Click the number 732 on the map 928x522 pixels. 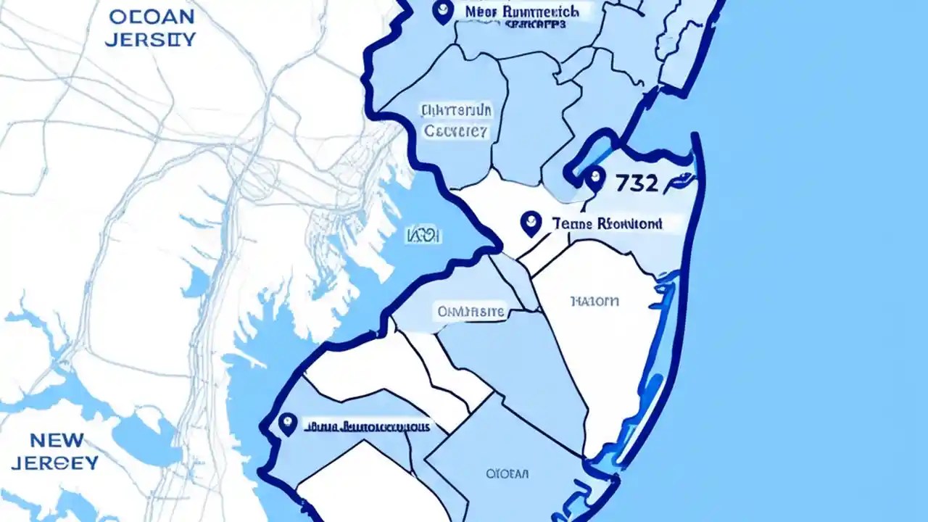point(637,183)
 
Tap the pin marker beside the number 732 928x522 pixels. point(594,177)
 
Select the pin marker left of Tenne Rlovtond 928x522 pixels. point(531,223)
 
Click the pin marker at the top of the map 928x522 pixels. point(442,11)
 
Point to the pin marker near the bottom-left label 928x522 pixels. point(288,423)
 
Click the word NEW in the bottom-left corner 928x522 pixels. point(57,440)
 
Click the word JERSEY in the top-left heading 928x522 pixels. point(149,38)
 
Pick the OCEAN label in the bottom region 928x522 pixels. point(507,474)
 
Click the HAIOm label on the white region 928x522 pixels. point(594,301)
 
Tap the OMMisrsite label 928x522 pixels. point(470,312)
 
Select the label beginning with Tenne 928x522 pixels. point(607,224)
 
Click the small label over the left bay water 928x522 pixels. point(423,236)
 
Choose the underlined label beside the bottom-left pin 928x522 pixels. point(366,426)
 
